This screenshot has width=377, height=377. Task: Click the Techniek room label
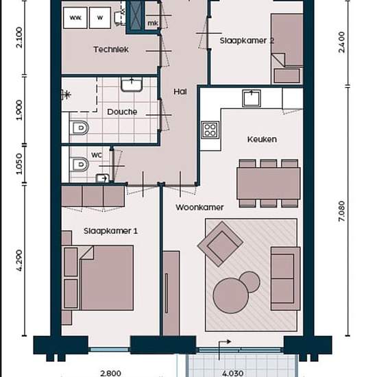pyautogui.click(x=111, y=49)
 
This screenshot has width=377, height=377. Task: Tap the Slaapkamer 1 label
pyautogui.click(x=110, y=231)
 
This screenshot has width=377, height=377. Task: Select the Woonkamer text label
pyautogui.click(x=199, y=207)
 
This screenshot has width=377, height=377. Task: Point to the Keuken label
pyautogui.click(x=262, y=139)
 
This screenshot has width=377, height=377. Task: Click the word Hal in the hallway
pyautogui.click(x=180, y=92)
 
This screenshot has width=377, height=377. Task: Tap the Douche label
pyautogui.click(x=122, y=112)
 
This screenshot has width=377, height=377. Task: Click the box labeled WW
pyautogui.click(x=75, y=18)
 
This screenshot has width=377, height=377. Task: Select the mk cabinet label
pyautogui.click(x=153, y=23)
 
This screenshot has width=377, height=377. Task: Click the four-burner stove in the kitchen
pyautogui.click(x=210, y=130)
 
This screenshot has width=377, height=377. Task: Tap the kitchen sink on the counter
pyautogui.click(x=252, y=98)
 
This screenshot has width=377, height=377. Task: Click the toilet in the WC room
pyautogui.click(x=80, y=165)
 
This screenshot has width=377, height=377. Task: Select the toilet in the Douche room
pyautogui.click(x=80, y=127)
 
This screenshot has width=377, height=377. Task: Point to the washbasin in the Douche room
pyautogui.click(x=132, y=84)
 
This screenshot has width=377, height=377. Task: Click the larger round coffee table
pyautogui.click(x=231, y=295)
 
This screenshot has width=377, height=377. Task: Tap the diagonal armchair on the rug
pyautogui.click(x=220, y=244)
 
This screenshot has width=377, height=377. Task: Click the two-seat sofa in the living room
pyautogui.click(x=286, y=278)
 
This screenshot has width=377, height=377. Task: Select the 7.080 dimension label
pyautogui.click(x=341, y=211)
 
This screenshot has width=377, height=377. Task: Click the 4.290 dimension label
pyautogui.click(x=19, y=260)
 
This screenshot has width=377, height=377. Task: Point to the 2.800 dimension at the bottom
pyautogui.click(x=110, y=374)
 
